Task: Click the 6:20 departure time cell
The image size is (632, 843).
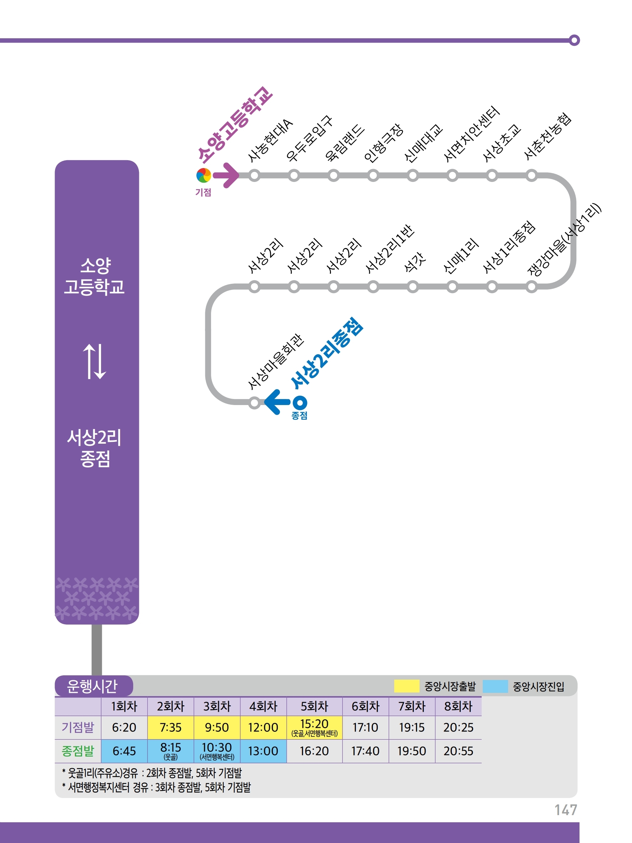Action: (x=124, y=727)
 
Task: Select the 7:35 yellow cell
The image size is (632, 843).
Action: (x=171, y=727)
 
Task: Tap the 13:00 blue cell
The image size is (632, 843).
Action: (x=263, y=751)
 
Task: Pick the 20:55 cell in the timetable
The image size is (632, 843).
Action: (x=458, y=751)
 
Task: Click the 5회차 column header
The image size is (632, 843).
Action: (x=314, y=706)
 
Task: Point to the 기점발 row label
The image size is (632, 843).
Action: (x=78, y=727)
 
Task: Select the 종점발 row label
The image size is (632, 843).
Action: (x=78, y=751)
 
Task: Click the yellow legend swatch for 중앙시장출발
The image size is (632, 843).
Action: (x=406, y=686)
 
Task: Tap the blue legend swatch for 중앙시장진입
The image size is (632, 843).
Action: (x=495, y=686)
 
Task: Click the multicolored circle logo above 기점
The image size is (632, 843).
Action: (x=204, y=175)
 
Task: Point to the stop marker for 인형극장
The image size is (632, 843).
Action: (x=373, y=175)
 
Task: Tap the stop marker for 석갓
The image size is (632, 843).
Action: (x=413, y=287)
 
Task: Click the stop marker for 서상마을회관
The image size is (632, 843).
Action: (x=254, y=403)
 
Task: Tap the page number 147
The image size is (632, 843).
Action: (x=565, y=809)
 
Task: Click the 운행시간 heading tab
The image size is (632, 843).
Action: (x=92, y=686)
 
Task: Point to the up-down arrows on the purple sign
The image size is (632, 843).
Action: (x=94, y=361)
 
